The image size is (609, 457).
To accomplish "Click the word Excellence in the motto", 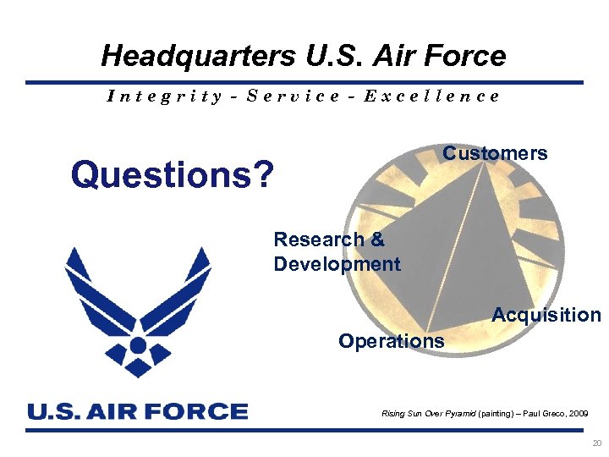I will coord(431,96).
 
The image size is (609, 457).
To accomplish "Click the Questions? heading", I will coord(173,175).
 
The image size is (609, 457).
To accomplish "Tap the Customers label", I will coord(495,153).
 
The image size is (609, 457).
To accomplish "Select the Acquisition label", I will coord(546,315).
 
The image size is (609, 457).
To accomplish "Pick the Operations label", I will coord(391,341).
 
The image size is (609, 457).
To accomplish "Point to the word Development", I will coord(337,264).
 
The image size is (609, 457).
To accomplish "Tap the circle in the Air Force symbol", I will coord(138,344).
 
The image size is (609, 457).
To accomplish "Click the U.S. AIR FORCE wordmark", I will coord(138,411).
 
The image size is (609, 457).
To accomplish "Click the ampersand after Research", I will coord(377,240).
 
